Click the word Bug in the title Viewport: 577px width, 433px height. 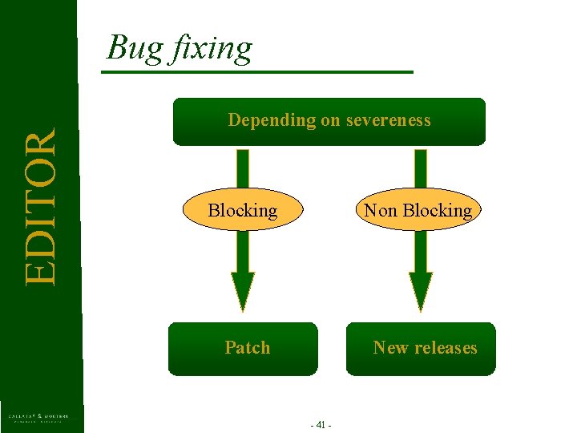pos(134,48)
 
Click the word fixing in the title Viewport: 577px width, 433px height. pos(210,48)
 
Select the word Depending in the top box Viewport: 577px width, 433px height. pos(272,120)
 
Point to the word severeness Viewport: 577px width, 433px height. pos(388,120)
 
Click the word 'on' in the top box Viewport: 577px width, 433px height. pos(330,120)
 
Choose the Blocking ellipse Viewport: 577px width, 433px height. pos(243,211)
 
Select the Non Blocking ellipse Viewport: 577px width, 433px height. pos(418,211)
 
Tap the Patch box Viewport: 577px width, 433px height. pos(243,348)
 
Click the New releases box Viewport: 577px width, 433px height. pos(421,348)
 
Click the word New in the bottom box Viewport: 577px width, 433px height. pos(390,348)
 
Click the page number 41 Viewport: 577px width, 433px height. pos(321,425)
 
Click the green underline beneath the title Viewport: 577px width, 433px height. pos(256,72)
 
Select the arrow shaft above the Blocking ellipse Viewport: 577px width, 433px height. pos(243,168)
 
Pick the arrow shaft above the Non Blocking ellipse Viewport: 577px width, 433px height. pos(421,168)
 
